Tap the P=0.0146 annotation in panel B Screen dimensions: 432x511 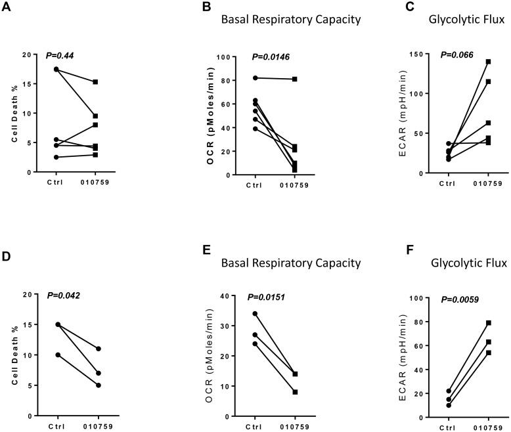pyautogui.click(x=271, y=57)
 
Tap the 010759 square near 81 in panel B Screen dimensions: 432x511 pyautogui.click(x=295, y=79)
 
